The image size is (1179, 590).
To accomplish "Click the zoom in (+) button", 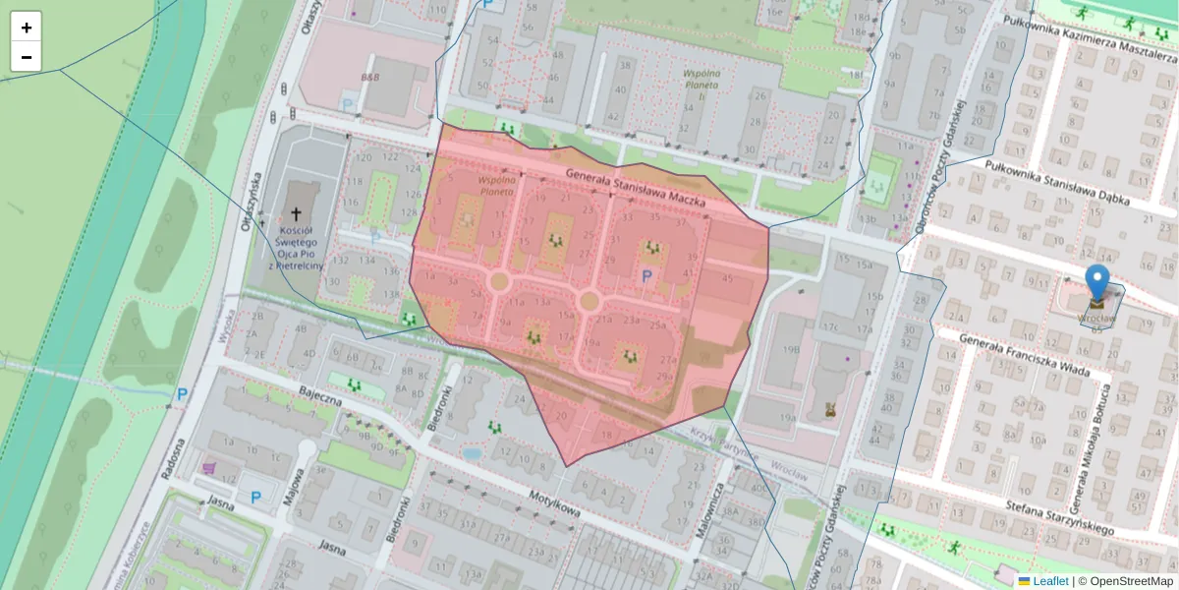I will click(27, 28).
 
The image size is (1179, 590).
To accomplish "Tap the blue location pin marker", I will click(1096, 283).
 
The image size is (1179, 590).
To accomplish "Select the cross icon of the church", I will click(297, 213).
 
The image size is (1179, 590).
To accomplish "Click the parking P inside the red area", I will click(646, 277).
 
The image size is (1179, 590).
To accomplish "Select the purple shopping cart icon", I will click(208, 468).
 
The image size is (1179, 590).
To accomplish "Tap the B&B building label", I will click(369, 76).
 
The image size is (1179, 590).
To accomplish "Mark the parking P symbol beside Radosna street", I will click(182, 394).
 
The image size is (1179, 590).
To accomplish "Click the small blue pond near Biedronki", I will click(472, 454).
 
